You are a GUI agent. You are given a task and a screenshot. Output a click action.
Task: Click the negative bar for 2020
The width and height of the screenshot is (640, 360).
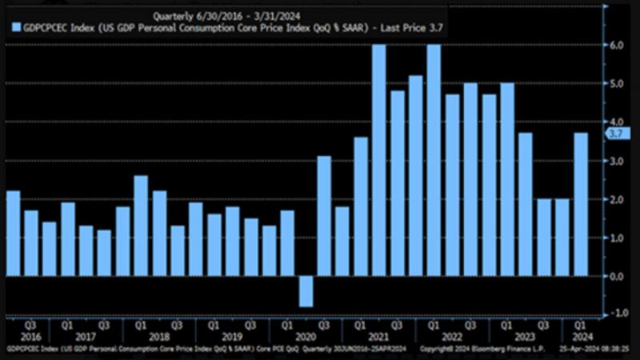pos(306,291)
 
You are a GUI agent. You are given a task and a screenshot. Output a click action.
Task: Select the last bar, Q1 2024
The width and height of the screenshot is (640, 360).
pos(580,204)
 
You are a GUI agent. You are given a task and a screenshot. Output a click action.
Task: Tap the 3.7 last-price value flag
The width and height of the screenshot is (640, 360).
pos(618,134)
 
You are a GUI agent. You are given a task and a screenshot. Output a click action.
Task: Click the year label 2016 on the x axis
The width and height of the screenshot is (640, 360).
pos(30,338)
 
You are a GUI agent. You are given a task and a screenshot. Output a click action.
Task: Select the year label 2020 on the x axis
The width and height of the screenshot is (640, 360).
pos(306,338)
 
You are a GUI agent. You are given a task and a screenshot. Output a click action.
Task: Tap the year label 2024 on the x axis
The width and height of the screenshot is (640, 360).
pos(581,338)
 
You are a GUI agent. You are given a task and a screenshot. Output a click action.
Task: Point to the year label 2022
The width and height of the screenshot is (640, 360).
pos(452,338)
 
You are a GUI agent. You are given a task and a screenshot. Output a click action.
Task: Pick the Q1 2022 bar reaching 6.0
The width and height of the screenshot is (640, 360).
pos(434,160)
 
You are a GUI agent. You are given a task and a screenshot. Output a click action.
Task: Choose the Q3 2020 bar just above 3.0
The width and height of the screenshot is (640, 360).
pos(324,216)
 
